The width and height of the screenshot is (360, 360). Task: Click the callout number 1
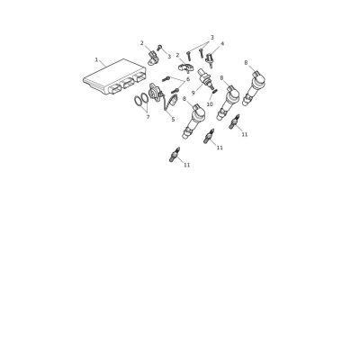(96, 59)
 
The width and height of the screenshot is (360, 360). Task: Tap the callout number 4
(222, 44)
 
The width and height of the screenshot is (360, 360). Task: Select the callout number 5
(173, 119)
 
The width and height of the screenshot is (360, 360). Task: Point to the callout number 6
(188, 79)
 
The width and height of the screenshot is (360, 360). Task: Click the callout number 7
(148, 117)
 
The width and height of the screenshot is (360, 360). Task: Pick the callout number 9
(193, 93)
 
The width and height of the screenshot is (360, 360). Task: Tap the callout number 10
(210, 104)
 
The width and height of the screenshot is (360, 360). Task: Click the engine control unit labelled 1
(114, 76)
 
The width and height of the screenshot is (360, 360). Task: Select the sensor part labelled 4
(210, 59)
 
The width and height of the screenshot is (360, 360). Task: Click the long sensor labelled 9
(205, 78)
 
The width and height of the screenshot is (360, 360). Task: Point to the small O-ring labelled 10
(214, 92)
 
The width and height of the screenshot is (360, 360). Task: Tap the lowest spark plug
(175, 155)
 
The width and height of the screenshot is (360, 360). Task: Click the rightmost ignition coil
(254, 87)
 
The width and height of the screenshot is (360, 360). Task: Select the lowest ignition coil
(193, 121)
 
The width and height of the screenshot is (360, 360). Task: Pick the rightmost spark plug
(235, 121)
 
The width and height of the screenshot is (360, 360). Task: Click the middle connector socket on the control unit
(127, 83)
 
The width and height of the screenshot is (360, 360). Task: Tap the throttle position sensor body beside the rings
(155, 93)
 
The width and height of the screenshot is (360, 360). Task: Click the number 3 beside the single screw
(169, 56)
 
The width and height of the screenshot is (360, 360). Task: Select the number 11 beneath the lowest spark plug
(187, 165)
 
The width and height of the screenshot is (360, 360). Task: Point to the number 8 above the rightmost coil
(246, 63)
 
